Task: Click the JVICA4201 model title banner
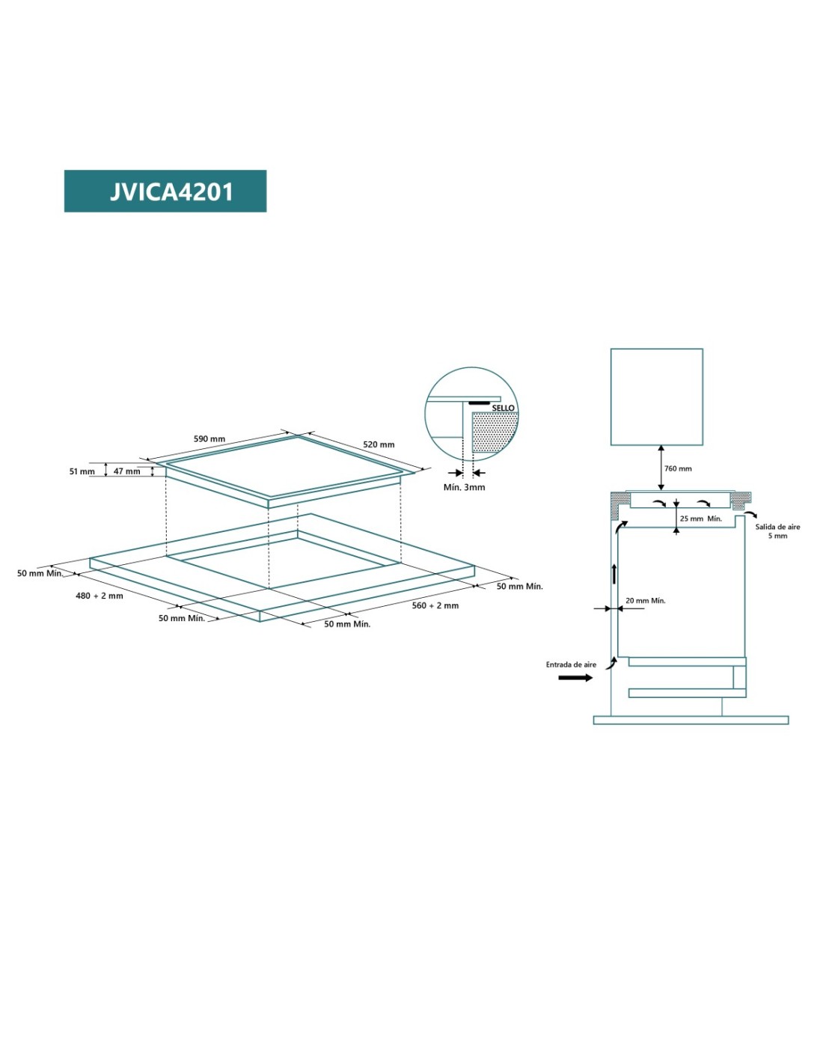coord(165,191)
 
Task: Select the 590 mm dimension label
coord(209,439)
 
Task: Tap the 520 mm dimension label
coord(379,444)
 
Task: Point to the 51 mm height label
coord(82,471)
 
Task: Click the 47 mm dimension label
coord(126,471)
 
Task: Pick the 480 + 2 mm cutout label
coord(99,596)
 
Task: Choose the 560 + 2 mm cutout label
coord(435,605)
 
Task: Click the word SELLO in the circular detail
coord(503,408)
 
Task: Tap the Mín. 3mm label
coord(464,487)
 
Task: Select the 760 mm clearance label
coord(678,468)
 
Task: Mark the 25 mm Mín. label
coord(700,519)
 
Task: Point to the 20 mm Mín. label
coord(645,600)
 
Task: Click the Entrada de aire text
coord(571,664)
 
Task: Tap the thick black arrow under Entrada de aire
coord(575,678)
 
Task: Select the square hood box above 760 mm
coord(656,397)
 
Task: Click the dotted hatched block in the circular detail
coord(494,432)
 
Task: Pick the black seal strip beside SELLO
coord(479,403)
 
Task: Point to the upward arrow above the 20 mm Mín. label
coord(614,573)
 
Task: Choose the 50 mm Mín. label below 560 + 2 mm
coord(346,624)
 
